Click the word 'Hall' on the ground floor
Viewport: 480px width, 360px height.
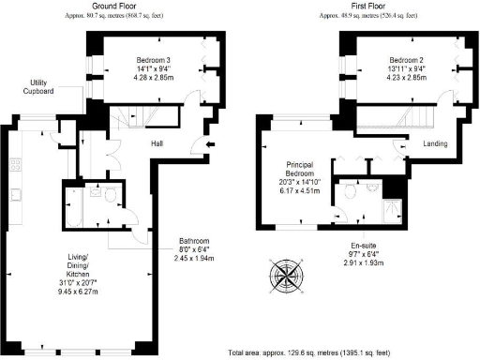(160, 143)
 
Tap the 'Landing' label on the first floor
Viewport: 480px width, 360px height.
(434, 143)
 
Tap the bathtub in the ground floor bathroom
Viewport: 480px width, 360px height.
(74, 206)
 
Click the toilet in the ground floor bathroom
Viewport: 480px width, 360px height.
(110, 195)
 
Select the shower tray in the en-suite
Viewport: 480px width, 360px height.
(395, 210)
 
